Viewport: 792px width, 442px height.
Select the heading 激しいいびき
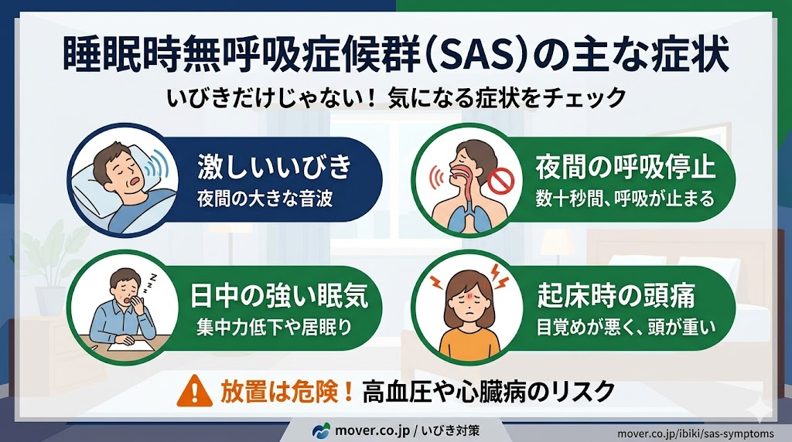tap(275, 165)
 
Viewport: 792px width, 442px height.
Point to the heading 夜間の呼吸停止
tap(625, 166)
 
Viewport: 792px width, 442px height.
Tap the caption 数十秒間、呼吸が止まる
tap(625, 199)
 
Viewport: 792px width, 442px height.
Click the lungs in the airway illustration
tap(463, 216)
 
